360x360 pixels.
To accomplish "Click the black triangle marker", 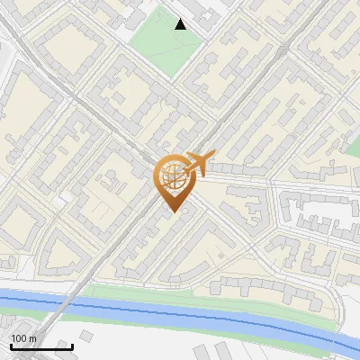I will (x=181, y=24).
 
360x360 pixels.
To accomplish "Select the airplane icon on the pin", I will (x=196, y=164).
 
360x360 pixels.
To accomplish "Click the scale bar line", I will (x=41, y=346).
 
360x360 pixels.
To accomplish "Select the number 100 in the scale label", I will (x=19, y=338).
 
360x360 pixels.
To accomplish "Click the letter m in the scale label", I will (x=33, y=338).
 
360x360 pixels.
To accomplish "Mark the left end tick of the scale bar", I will (x=12, y=345).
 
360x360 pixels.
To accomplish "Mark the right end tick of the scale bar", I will (x=72, y=345).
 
